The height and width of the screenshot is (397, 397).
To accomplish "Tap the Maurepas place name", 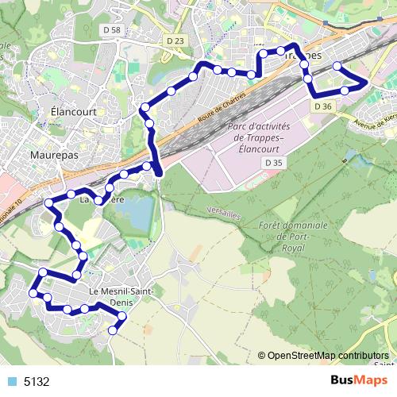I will coord(54,155).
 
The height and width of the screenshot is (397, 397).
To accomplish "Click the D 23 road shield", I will coord(175,40).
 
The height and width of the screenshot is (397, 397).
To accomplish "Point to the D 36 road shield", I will coord(322,106).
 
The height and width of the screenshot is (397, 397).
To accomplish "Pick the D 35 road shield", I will coord(274,162).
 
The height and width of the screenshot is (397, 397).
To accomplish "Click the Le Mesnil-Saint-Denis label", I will coord(119,295).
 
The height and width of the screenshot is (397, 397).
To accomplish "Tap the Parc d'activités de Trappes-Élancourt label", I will coord(258,137).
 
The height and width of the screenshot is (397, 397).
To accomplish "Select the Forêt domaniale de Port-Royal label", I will coord(293,235).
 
